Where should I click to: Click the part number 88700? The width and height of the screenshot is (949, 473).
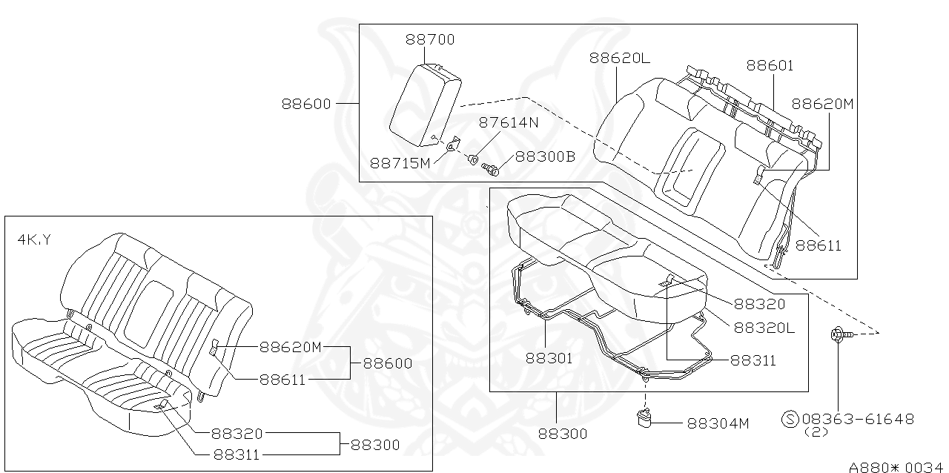coord(430,39)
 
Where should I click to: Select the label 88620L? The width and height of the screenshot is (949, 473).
coord(620,58)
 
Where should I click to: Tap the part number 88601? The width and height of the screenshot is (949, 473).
coord(770,65)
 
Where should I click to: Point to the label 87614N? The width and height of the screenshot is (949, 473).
coord(509,123)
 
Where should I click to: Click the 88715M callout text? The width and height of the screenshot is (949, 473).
coord(400,162)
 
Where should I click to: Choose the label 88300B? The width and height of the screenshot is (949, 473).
coord(545,156)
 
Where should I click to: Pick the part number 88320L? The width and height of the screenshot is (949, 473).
coord(764,327)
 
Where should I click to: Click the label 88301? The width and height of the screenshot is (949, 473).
coord(549,358)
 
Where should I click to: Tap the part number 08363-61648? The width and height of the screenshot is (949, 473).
coord(857,419)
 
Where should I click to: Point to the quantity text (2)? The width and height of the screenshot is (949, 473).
coord(816,432)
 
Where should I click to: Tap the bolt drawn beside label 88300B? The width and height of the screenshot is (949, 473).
coord(491,170)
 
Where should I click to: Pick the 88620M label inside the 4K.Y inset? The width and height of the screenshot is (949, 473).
coord(291,346)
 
